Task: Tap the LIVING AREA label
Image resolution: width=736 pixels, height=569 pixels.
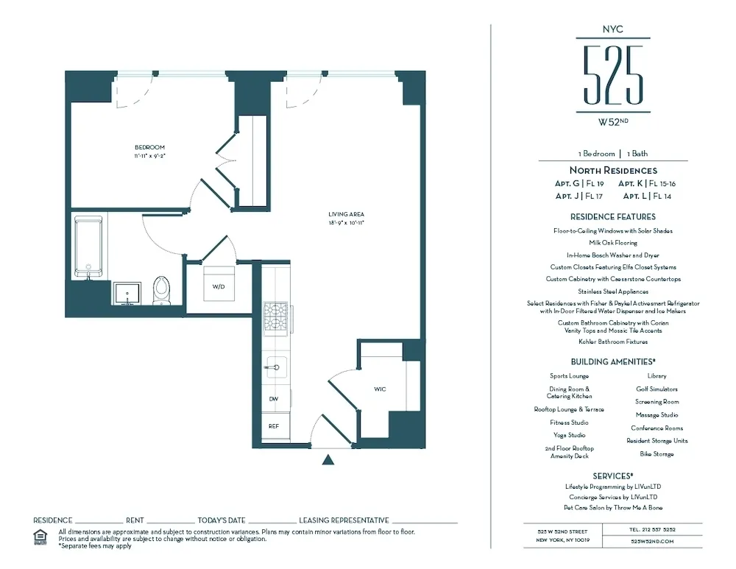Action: pyautogui.click(x=347, y=214)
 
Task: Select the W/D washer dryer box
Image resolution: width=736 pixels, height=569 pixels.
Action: pyautogui.click(x=219, y=286)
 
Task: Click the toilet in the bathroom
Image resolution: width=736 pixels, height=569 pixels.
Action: pyautogui.click(x=161, y=290)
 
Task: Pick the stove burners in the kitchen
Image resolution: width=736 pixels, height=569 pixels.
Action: pyautogui.click(x=275, y=318)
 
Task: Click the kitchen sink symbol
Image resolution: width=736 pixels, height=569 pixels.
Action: pyautogui.click(x=275, y=366)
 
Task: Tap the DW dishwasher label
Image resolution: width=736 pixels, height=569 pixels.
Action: pyautogui.click(x=273, y=398)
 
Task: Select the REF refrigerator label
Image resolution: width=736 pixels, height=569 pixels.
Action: pyautogui.click(x=273, y=425)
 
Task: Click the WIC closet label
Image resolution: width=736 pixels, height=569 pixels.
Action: pyautogui.click(x=380, y=389)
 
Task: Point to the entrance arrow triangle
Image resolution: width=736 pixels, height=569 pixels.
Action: pyautogui.click(x=329, y=460)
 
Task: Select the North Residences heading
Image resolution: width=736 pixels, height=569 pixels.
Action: pyautogui.click(x=613, y=171)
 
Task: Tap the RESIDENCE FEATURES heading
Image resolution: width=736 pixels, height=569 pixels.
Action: pyautogui.click(x=613, y=217)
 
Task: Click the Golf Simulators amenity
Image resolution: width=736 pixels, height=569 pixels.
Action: pyautogui.click(x=657, y=389)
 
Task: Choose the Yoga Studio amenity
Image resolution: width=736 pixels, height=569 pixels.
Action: pyautogui.click(x=570, y=435)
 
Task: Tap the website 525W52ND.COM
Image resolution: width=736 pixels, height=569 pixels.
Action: pyautogui.click(x=652, y=541)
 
